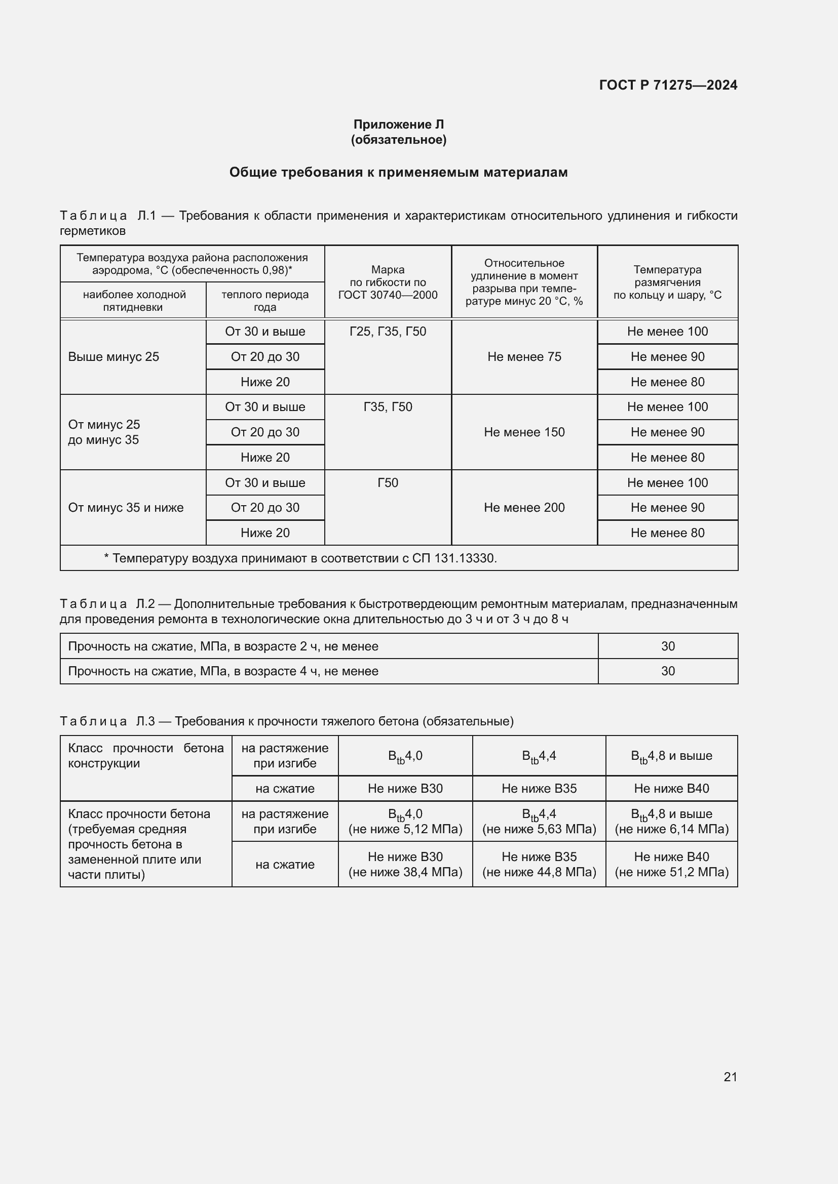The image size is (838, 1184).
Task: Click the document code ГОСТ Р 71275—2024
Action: (668, 85)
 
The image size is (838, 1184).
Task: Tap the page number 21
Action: (730, 1077)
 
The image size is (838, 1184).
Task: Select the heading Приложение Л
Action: (398, 125)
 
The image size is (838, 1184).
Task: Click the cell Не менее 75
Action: (524, 357)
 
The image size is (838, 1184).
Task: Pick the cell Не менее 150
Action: (524, 432)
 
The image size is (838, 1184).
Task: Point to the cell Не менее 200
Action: (524, 507)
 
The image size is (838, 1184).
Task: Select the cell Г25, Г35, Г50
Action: (388, 332)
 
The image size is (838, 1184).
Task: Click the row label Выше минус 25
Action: (113, 357)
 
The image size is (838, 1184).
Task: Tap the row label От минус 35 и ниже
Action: (126, 507)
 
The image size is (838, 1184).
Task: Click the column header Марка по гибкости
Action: (388, 282)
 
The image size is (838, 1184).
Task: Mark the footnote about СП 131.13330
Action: (300, 558)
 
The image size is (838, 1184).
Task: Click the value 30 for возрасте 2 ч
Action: (668, 646)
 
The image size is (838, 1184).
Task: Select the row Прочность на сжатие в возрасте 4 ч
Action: (223, 671)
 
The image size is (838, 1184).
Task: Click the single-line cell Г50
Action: (388, 483)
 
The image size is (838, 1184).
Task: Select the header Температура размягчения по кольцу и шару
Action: (667, 282)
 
